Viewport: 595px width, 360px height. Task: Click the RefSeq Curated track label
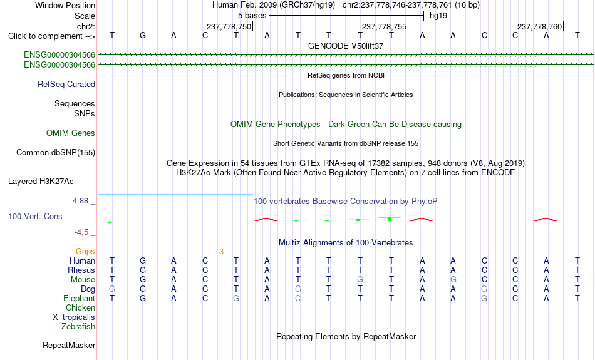66,85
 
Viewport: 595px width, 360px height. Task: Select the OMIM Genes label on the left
71,133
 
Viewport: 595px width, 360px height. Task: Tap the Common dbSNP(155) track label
56,153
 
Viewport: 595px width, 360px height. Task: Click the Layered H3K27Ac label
41,182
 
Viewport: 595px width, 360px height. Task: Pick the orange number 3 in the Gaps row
221,252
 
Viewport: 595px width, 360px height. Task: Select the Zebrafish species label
78,327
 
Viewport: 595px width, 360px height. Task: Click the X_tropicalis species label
74,317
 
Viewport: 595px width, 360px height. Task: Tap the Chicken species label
80,307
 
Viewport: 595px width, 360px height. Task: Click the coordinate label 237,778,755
384,26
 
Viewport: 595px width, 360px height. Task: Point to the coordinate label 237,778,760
540,26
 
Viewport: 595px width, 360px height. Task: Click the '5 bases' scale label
252,16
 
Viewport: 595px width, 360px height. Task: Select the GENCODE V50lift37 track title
346,46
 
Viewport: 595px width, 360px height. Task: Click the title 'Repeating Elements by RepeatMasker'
346,336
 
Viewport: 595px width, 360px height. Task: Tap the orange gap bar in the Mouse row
222,279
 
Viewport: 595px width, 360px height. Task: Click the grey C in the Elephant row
298,299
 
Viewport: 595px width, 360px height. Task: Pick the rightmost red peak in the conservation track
546,219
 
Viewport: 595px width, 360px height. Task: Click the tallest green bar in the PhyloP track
390,219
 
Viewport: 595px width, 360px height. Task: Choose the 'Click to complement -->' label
51,36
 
